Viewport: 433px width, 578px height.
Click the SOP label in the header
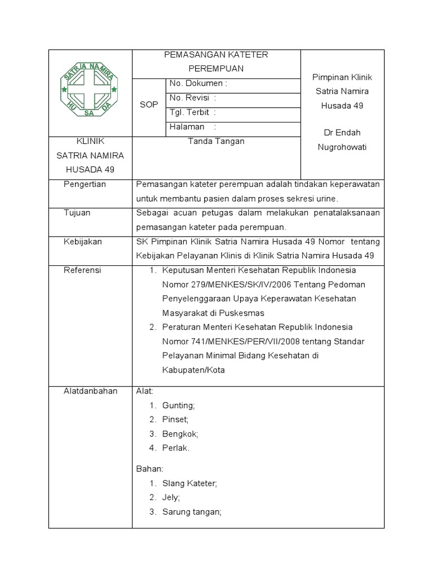point(149,106)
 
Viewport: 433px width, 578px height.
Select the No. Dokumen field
point(198,84)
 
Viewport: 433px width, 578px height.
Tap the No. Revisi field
point(193,98)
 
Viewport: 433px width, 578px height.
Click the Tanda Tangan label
point(216,142)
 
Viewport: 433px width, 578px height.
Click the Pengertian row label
point(84,185)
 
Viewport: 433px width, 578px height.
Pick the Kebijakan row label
point(82,242)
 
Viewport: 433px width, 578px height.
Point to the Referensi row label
point(82,270)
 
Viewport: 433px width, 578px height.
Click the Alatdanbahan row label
point(90,391)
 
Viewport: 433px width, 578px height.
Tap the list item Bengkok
point(180,434)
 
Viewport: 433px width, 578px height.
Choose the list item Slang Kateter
point(189,484)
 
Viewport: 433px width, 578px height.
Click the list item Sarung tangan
point(192,512)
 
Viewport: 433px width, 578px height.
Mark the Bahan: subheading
point(150,469)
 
